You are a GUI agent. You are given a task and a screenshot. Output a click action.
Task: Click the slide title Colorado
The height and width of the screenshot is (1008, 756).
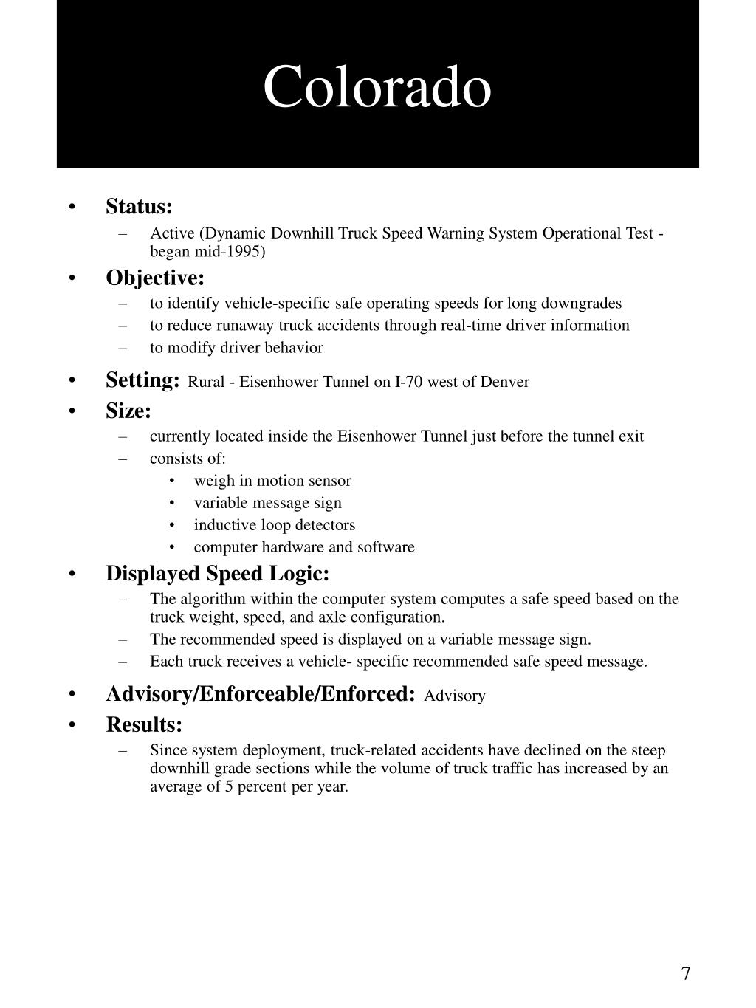pyautogui.click(x=377, y=87)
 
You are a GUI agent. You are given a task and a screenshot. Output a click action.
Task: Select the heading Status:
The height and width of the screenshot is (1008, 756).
pyautogui.click(x=139, y=206)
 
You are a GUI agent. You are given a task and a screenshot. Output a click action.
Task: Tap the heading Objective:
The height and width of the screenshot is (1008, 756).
pyautogui.click(x=155, y=278)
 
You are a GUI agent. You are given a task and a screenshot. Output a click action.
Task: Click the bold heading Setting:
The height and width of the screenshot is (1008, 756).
pyautogui.click(x=142, y=380)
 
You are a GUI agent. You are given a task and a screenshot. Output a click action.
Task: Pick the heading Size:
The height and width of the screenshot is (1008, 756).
pyautogui.click(x=128, y=411)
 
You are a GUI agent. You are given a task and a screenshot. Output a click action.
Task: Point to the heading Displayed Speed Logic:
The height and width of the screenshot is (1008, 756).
pyautogui.click(x=217, y=574)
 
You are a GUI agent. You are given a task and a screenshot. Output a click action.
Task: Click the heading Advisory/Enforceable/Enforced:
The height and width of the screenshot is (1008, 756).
pyautogui.click(x=261, y=694)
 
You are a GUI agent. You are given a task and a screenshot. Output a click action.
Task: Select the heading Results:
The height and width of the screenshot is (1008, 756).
pyautogui.click(x=144, y=725)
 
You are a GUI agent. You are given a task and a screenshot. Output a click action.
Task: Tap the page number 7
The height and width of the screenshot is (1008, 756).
pyautogui.click(x=686, y=973)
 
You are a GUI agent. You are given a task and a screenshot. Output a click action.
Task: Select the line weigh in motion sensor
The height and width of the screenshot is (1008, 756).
pyautogui.click(x=272, y=481)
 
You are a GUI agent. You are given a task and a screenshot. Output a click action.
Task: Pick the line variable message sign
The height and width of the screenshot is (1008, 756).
pyautogui.click(x=267, y=503)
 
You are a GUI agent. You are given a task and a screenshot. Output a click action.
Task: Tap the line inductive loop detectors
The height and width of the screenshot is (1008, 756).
pyautogui.click(x=274, y=525)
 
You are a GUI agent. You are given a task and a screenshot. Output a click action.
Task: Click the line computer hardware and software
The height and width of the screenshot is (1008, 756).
pyautogui.click(x=303, y=547)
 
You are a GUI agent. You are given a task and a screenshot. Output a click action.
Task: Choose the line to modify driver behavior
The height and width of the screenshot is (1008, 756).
pyautogui.click(x=236, y=348)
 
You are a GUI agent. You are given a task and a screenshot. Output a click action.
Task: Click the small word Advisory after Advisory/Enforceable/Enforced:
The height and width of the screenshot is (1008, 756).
pyautogui.click(x=455, y=696)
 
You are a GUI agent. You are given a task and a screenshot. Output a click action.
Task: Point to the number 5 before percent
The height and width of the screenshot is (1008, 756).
pyautogui.click(x=230, y=786)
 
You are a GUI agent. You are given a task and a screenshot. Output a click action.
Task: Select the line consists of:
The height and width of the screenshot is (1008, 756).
pyautogui.click(x=188, y=459)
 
